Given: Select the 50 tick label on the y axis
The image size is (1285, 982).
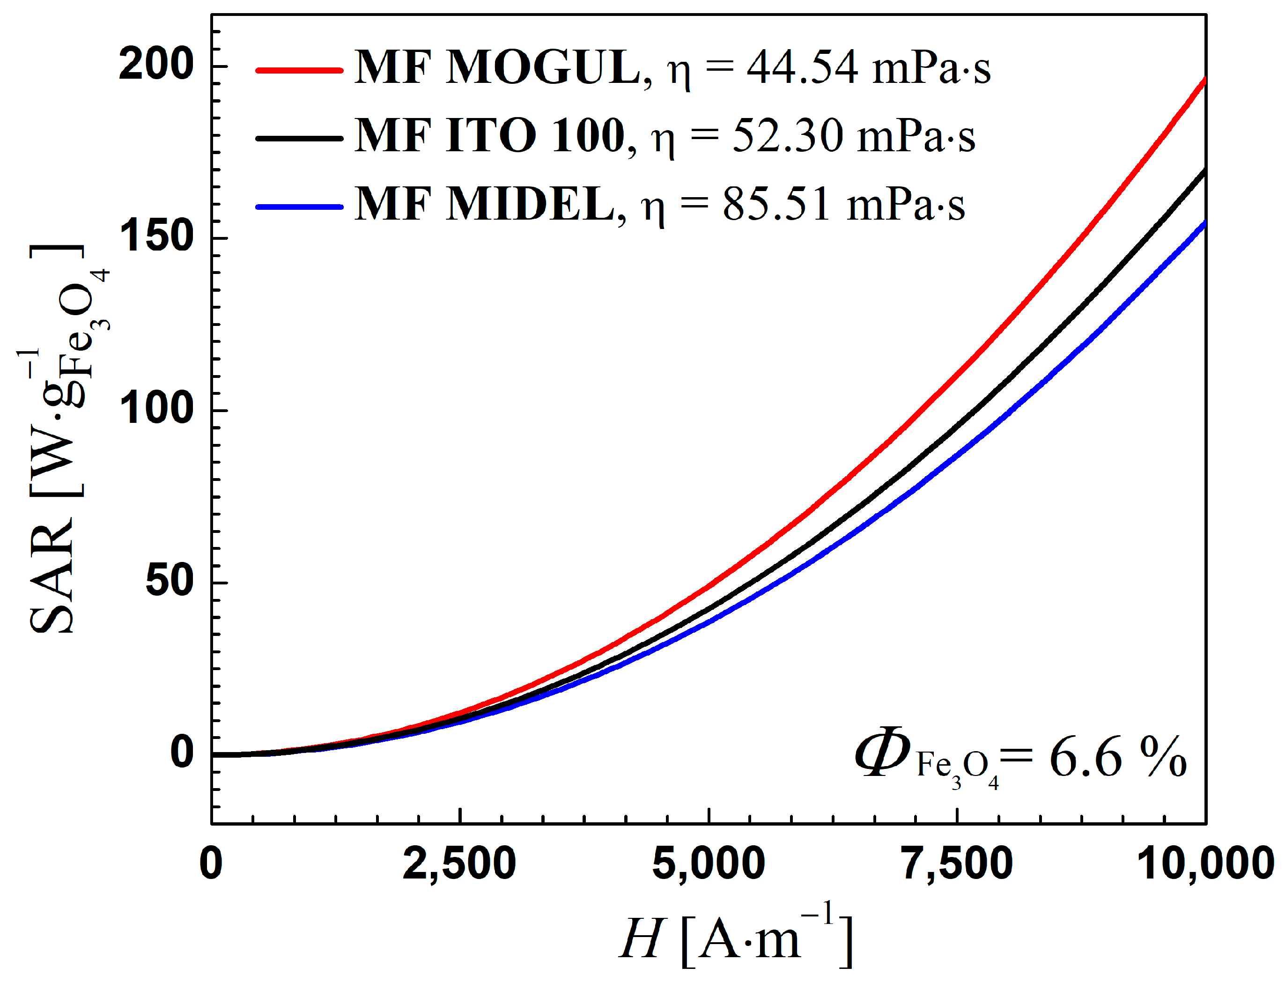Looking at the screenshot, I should tap(169, 581).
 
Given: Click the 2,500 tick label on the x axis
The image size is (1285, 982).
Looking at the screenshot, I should tap(459, 864).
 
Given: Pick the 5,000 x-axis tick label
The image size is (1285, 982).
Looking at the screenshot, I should tap(708, 864).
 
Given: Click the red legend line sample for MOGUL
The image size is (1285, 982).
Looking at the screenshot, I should tap(299, 70).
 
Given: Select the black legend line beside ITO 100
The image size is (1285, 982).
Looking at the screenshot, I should tap(299, 139).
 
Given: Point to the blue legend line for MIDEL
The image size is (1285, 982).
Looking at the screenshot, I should tap(299, 207).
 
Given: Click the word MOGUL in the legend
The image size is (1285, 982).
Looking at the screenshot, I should tap(543, 68).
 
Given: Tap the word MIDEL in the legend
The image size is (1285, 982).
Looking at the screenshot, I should tap(530, 205).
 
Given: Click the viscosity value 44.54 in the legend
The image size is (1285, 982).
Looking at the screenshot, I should tap(802, 68).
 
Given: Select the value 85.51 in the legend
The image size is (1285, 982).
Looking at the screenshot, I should tap(776, 205).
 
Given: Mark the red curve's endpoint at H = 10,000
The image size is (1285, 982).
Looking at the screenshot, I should tap(1205, 79).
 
